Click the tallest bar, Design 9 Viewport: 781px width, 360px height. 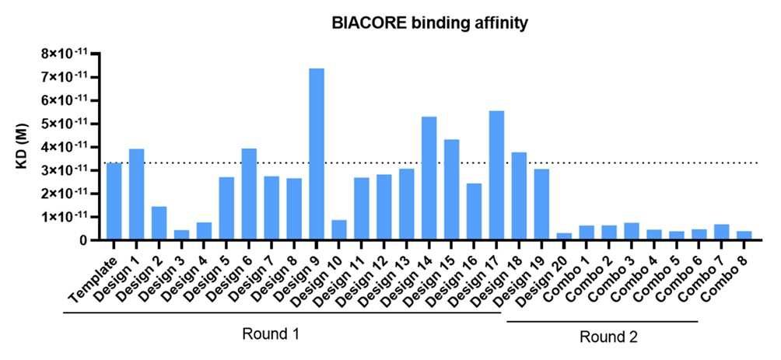pos(317,154)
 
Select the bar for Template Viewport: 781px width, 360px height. pos(114,201)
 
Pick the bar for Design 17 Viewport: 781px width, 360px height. pos(496,175)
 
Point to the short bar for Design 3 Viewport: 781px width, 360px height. pos(181,235)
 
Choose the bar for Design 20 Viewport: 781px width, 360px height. pos(564,236)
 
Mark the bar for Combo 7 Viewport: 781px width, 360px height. pos(721,232)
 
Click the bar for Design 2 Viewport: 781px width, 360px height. pos(159,223)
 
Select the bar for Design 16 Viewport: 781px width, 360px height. pos(475,211)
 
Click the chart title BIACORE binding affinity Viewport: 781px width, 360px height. pos(429,23)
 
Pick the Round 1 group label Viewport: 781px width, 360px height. pos(271,334)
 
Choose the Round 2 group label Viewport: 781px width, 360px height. pos(608,337)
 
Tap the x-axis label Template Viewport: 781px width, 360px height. pos(95,276)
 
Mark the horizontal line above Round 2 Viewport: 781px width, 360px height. pos(603,322)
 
